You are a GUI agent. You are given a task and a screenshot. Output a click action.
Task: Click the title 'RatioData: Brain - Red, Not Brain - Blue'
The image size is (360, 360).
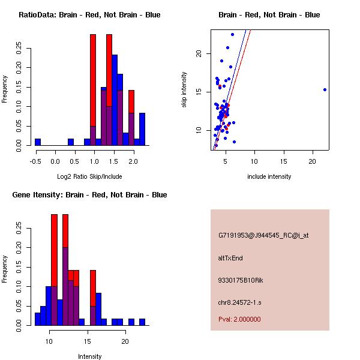pyautogui.click(x=89, y=15)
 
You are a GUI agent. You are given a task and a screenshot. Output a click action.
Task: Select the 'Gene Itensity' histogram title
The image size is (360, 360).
pyautogui.click(x=89, y=195)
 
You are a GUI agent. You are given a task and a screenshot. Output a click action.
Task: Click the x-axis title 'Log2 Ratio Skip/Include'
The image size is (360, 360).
pyautogui.click(x=89, y=176)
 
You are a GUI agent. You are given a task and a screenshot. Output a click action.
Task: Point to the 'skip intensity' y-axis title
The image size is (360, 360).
pyautogui.click(x=184, y=90)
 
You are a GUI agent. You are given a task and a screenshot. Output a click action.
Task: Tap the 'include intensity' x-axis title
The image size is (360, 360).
pyautogui.click(x=269, y=176)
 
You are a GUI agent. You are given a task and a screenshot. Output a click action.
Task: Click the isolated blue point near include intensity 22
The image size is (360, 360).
pyautogui.click(x=325, y=89)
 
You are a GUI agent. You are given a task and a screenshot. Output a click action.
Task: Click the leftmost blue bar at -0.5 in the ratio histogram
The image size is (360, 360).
pyautogui.click(x=38, y=142)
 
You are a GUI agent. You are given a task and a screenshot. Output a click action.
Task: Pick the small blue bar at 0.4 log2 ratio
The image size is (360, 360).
pyautogui.click(x=71, y=142)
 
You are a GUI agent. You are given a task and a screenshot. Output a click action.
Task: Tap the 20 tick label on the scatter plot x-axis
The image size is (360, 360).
pyautogui.click(x=313, y=160)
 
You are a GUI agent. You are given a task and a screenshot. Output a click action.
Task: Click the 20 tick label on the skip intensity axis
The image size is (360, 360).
pyautogui.click(x=200, y=53)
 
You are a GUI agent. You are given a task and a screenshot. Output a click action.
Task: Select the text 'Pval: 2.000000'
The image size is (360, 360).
pyautogui.click(x=239, y=319)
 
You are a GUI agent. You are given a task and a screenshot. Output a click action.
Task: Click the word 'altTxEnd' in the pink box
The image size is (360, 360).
pyautogui.click(x=230, y=258)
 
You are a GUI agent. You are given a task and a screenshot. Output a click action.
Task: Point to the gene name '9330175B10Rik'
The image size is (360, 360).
pyautogui.click(x=239, y=280)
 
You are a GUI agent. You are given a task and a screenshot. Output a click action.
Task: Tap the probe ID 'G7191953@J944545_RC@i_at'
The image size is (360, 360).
pyautogui.click(x=263, y=236)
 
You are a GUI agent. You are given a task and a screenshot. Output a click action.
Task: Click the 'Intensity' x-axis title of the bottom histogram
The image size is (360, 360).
pyautogui.click(x=89, y=356)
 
